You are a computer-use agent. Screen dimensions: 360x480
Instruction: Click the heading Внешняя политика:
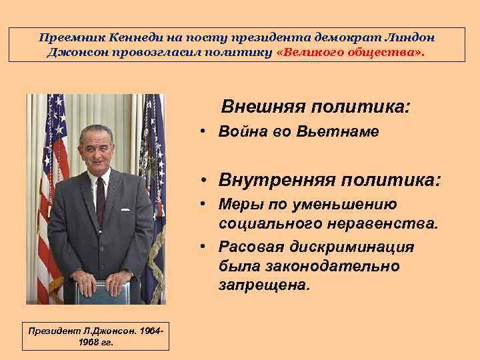(x=315, y=106)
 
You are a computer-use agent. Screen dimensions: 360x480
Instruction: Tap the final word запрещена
(x=263, y=285)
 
